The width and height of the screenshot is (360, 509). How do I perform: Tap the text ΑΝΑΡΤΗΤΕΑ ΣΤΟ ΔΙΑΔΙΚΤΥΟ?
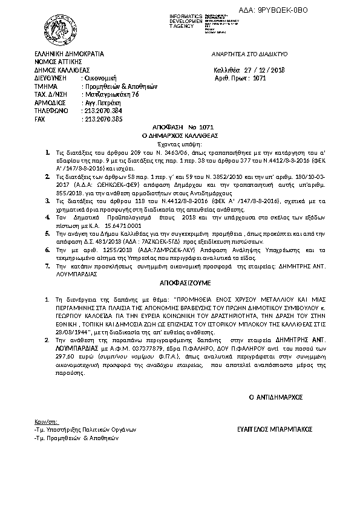click(x=249, y=54)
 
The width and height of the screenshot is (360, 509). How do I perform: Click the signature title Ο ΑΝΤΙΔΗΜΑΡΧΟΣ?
click(x=276, y=397)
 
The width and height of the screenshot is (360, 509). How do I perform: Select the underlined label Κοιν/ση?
click(x=46, y=421)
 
